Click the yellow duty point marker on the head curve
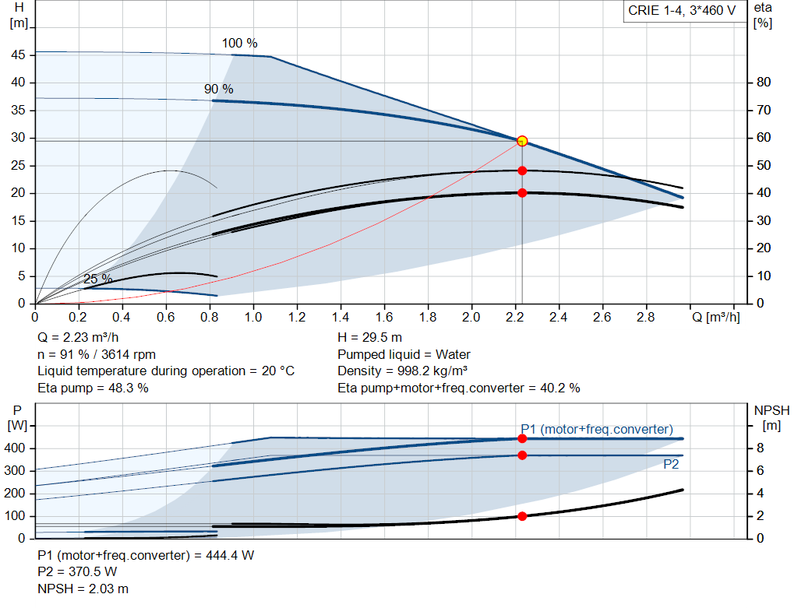(522, 141)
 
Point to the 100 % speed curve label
(239, 43)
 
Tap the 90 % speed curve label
(218, 90)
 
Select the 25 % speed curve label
(97, 279)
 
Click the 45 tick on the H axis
(18, 55)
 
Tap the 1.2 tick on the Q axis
(297, 317)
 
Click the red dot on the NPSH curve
(522, 516)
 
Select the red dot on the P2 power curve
(522, 455)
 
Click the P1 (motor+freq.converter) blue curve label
(596, 429)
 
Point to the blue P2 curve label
(672, 464)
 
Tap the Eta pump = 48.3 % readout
(93, 388)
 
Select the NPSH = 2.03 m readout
(83, 589)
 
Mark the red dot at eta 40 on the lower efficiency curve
(522, 192)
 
